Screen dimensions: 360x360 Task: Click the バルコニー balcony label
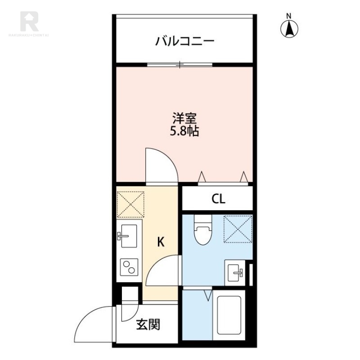click(185, 41)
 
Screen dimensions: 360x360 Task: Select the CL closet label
click(218, 199)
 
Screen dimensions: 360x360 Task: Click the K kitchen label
click(161, 242)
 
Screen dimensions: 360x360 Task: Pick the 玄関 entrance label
click(148, 324)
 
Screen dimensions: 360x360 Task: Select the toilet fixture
click(202, 231)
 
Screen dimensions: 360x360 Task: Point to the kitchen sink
click(129, 236)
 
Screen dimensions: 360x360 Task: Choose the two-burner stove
click(129, 268)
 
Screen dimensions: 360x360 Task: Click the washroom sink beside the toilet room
click(236, 272)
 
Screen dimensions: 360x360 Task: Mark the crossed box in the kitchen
click(130, 204)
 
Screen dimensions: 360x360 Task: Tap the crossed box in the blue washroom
click(238, 229)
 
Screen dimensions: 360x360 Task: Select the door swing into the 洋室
click(161, 166)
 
